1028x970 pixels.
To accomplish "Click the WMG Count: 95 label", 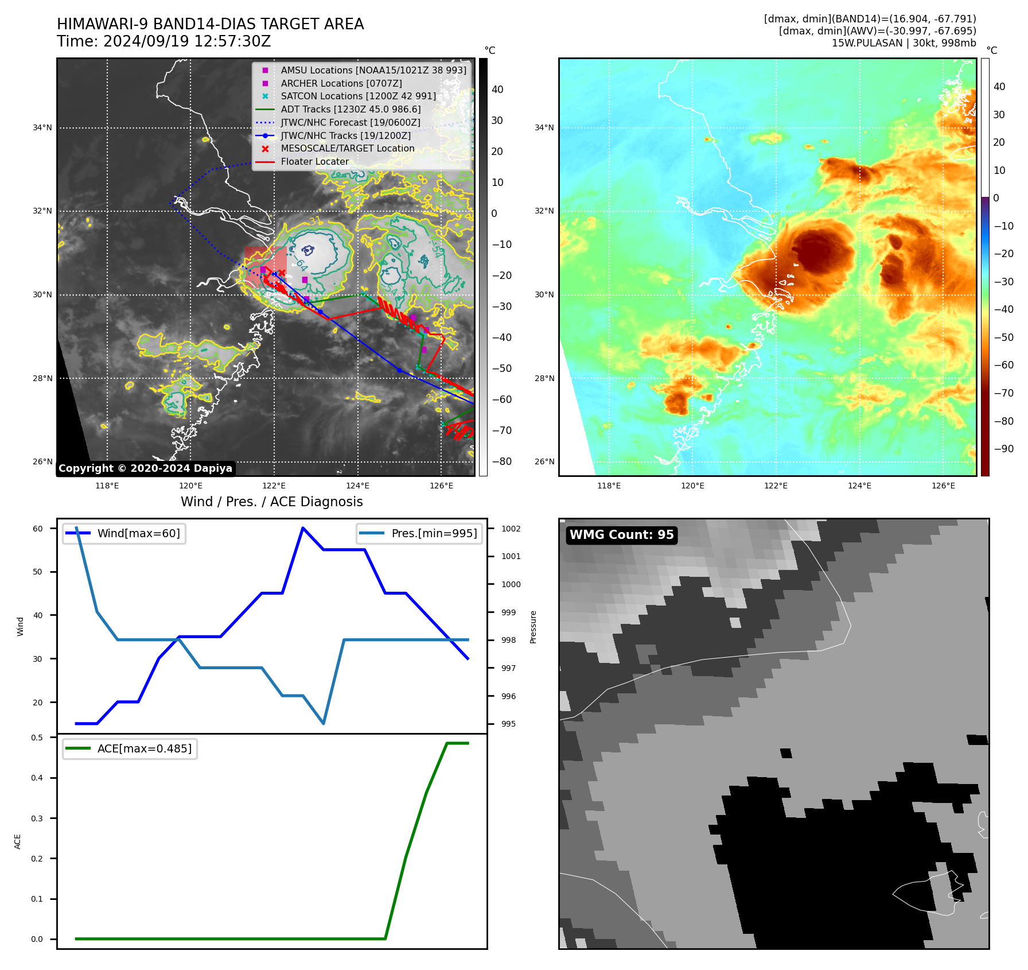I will click(x=621, y=535).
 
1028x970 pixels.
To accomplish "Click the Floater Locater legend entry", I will click(x=314, y=162).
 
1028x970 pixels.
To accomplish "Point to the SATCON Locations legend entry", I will click(x=358, y=96).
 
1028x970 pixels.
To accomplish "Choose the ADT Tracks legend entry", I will click(x=351, y=110).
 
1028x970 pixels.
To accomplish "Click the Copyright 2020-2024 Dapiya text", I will click(x=145, y=468).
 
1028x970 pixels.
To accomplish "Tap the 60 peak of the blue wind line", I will click(x=303, y=528).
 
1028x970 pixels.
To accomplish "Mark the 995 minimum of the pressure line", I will click(x=324, y=723).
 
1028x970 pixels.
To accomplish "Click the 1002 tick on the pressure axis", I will click(x=511, y=529).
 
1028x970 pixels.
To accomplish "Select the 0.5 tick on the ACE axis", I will click(x=37, y=738).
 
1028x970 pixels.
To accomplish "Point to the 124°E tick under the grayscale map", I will click(x=357, y=486).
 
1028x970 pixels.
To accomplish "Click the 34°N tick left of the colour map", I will click(x=544, y=127).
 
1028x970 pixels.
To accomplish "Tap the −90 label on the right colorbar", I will click(x=1003, y=449).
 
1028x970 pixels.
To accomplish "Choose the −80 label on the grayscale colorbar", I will click(x=502, y=461).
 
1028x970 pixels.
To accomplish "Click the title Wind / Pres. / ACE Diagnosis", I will click(x=272, y=502).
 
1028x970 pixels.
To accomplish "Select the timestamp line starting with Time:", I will click(x=163, y=41).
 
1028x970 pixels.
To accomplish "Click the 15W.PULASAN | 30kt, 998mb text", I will click(x=904, y=43).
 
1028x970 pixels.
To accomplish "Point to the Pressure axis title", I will click(x=533, y=627).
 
